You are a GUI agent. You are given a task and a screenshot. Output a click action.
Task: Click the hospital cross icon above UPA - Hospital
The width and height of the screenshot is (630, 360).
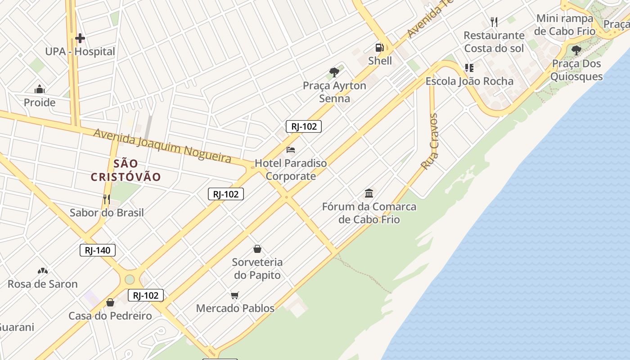(x=80, y=38)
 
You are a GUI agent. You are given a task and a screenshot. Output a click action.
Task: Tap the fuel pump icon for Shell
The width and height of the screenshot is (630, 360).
(x=380, y=47)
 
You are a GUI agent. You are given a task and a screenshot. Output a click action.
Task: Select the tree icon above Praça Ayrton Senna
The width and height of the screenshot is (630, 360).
(x=334, y=72)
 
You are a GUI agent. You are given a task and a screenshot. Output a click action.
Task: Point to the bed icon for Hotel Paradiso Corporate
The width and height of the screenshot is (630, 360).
(x=291, y=149)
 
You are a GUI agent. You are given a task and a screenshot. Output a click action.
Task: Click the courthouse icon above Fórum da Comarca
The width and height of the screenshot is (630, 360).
(x=369, y=193)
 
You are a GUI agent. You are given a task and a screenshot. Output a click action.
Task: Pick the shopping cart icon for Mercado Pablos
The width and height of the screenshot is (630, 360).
(x=235, y=295)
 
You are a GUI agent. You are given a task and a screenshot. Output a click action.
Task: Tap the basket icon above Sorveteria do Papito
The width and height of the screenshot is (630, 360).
(x=257, y=249)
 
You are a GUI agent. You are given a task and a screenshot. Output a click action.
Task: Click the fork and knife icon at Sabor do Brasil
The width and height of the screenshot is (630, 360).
(x=107, y=199)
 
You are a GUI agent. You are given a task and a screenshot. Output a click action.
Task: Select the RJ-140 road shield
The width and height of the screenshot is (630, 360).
(x=98, y=250)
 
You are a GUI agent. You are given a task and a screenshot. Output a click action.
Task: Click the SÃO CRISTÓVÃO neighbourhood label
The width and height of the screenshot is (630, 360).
(x=126, y=170)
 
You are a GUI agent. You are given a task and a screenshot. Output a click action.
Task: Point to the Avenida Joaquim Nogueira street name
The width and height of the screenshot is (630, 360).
(x=162, y=145)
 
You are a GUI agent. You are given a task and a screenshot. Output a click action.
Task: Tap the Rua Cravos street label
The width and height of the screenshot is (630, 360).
(x=429, y=141)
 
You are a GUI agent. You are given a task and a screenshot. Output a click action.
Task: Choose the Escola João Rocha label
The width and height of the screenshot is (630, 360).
(x=469, y=81)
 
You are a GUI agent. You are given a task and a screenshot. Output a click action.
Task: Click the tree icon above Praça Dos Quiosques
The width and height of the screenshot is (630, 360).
(x=576, y=50)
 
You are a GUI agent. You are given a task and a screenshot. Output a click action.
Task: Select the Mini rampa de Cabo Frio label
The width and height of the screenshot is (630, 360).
(x=565, y=25)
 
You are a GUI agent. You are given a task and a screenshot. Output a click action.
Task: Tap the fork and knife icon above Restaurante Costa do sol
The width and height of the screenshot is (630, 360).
(x=494, y=22)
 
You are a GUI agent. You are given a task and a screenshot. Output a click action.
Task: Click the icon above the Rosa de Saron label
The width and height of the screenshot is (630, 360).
(x=43, y=271)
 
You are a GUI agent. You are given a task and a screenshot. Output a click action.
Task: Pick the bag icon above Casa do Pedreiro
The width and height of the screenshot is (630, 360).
(x=110, y=303)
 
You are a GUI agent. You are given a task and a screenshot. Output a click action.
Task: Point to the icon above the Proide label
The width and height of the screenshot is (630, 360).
(x=40, y=89)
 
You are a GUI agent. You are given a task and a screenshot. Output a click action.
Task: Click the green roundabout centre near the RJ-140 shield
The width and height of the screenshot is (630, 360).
(x=130, y=279)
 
